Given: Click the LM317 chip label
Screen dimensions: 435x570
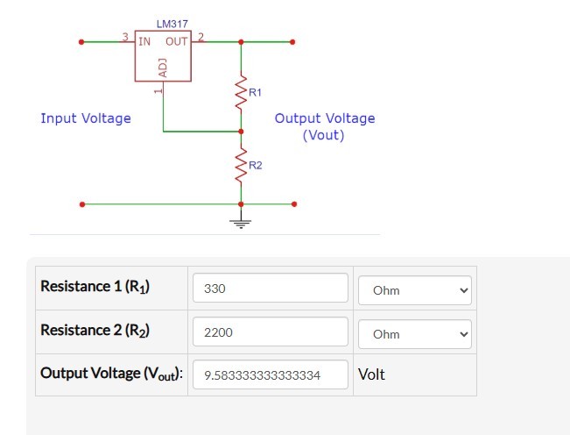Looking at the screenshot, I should click(x=172, y=24).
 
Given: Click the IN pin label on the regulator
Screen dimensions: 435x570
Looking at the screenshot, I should click(x=144, y=41).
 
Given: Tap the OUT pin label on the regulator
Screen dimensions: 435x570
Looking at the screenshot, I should click(x=177, y=41).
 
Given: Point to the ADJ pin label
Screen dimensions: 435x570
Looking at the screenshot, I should click(x=163, y=68).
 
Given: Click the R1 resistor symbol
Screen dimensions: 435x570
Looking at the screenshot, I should click(x=241, y=92).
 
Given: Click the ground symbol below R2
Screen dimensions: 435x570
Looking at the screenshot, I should click(x=241, y=221).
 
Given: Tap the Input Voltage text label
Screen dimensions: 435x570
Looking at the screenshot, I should click(x=86, y=118).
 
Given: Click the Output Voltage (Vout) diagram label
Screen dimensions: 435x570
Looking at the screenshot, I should click(x=324, y=126).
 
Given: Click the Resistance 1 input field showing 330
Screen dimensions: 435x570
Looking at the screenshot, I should click(x=270, y=289).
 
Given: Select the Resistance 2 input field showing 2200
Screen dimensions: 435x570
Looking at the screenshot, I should click(x=270, y=332).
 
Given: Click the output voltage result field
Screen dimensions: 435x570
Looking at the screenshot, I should click(x=270, y=375).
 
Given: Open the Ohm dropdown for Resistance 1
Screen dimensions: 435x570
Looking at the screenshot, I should click(x=414, y=290).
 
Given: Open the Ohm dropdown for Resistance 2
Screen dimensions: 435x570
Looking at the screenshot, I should click(x=414, y=333).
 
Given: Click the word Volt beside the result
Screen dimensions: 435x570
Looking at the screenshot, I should click(x=372, y=374).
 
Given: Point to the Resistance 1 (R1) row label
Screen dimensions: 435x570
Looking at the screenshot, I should click(x=95, y=287).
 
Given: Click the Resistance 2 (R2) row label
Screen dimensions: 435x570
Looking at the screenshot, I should click(x=95, y=331).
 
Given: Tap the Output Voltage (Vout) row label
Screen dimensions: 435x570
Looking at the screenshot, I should click(x=111, y=374).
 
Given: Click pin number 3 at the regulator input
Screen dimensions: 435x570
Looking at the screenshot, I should click(x=124, y=36).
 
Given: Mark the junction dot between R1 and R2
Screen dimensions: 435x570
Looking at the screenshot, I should click(x=241, y=132).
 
